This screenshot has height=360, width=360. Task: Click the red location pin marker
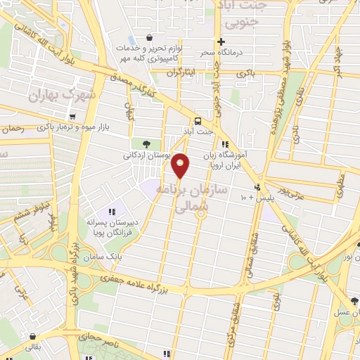181,166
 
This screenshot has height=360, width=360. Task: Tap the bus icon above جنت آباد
198,120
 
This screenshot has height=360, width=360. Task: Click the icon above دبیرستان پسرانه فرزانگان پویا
111,212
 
